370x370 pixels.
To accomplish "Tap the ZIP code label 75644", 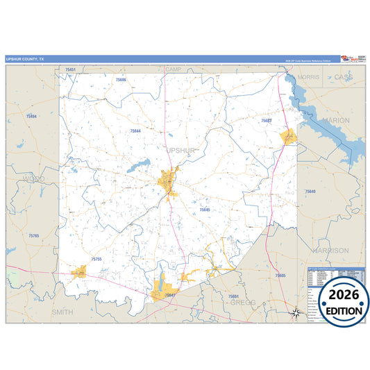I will (x=135, y=131).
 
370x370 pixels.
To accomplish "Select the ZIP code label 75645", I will (x=204, y=209).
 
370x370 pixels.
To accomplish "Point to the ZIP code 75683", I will (x=266, y=121).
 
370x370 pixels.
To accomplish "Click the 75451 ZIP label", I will (x=70, y=70).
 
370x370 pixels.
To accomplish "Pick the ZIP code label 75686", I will (x=121, y=80).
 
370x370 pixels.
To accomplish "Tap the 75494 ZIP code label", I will (x=31, y=116).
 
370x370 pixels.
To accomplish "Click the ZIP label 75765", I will (x=34, y=237).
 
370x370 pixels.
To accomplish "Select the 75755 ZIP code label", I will (x=96, y=259).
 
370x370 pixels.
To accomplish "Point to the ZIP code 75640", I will (x=310, y=191).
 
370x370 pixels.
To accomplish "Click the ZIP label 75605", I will (x=280, y=276).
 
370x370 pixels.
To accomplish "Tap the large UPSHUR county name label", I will (x=182, y=149).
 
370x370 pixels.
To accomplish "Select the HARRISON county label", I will (x=330, y=250).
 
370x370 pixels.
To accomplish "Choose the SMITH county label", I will (x=62, y=312).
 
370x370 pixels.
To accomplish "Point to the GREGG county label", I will (x=242, y=303).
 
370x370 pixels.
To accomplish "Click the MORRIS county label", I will (x=308, y=77).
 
